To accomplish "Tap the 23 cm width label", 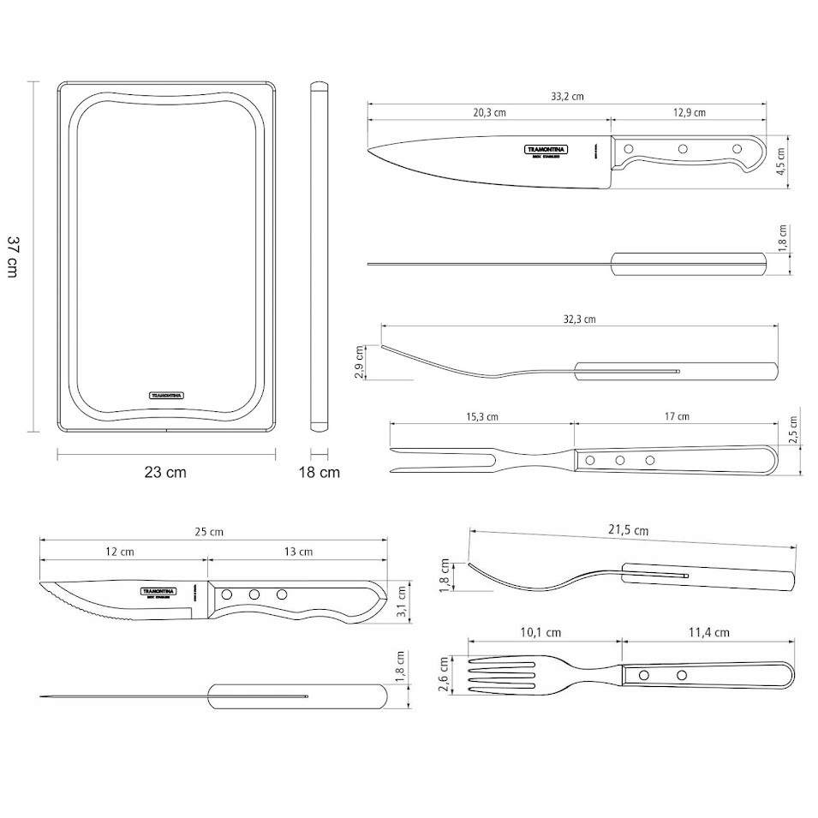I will pyautogui.click(x=165, y=472).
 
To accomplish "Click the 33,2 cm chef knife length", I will pyautogui.click(x=567, y=97).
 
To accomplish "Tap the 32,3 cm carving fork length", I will pyautogui.click(x=579, y=319).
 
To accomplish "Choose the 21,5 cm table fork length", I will pyautogui.click(x=628, y=530).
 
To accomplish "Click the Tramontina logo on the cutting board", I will pyautogui.click(x=167, y=395).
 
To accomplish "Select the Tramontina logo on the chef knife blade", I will pyautogui.click(x=546, y=150).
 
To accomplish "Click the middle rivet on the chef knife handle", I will pyautogui.click(x=683, y=150).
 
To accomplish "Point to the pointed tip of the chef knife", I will pyautogui.click(x=369, y=152).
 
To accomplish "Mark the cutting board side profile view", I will pyautogui.click(x=319, y=255).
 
